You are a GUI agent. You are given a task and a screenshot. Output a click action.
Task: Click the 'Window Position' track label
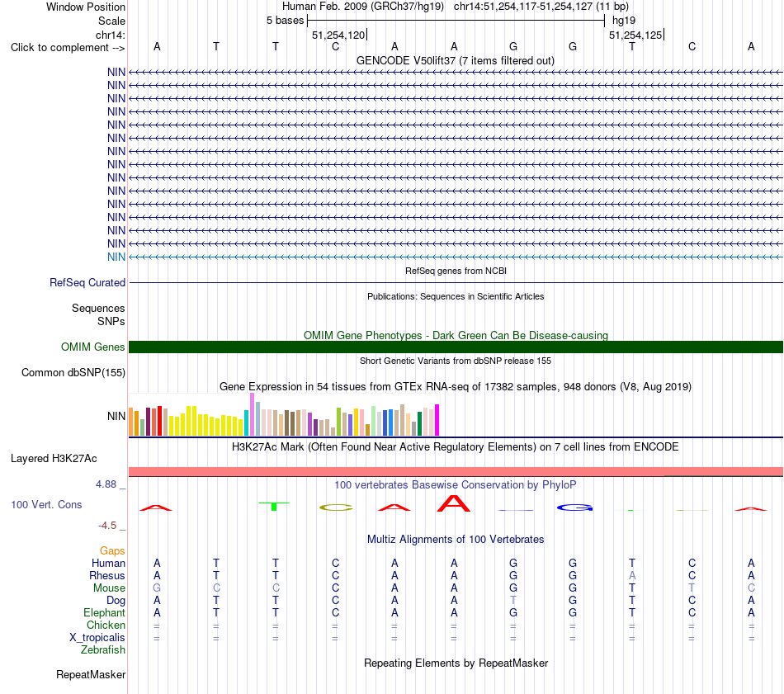[x=86, y=7]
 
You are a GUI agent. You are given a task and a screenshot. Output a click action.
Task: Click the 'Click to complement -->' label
[x=68, y=48]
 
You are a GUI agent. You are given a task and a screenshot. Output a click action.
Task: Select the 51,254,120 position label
[x=338, y=35]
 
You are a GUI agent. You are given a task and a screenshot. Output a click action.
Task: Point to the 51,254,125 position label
[x=635, y=35]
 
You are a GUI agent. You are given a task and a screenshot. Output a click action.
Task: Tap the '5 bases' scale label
[x=285, y=21]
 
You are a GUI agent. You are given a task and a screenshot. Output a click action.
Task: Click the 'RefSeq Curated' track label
[x=87, y=282]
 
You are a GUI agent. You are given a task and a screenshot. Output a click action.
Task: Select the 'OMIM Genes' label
[x=93, y=347]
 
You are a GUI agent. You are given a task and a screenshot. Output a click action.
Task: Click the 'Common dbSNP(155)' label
[x=73, y=372]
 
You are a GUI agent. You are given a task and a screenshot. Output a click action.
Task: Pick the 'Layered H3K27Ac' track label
[x=54, y=459]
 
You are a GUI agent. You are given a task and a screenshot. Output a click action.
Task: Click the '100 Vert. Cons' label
[x=46, y=504]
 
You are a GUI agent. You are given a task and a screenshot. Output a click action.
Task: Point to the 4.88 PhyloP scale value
[x=106, y=484]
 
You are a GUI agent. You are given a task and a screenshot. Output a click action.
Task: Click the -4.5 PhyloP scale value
[x=107, y=526]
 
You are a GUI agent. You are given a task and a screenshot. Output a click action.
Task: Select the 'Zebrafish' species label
[x=103, y=650]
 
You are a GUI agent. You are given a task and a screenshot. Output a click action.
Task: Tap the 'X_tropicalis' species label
[x=97, y=638]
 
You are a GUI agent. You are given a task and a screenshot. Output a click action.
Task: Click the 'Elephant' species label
[x=105, y=612]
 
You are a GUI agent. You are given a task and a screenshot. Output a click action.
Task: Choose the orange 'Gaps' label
[x=112, y=550]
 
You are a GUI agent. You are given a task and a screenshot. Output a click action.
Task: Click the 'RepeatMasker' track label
[x=91, y=674]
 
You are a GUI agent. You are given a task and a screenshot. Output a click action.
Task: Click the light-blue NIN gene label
[x=116, y=257]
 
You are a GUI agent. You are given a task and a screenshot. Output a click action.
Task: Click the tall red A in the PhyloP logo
[x=454, y=503]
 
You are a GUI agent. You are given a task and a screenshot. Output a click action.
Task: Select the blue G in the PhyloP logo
[x=575, y=508]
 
